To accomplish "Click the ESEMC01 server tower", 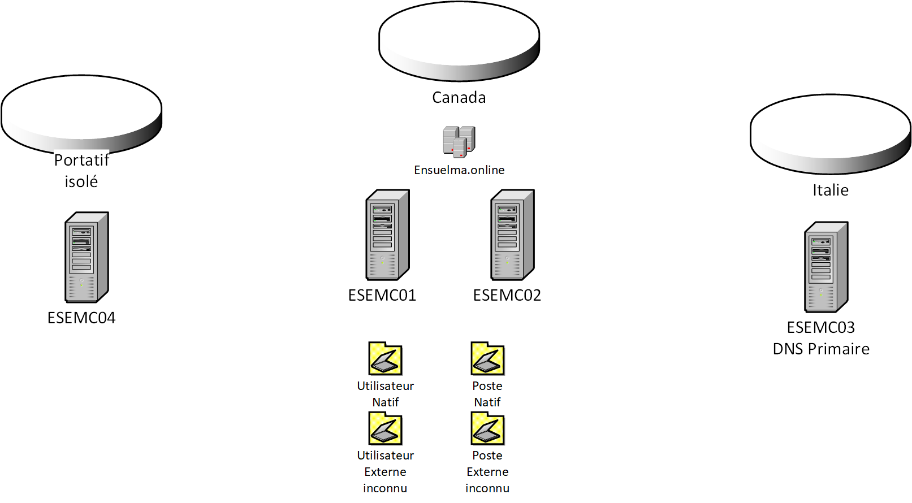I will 387,235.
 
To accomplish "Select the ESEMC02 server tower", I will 512,235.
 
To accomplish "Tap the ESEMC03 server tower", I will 826,267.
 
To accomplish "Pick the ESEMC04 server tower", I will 87,257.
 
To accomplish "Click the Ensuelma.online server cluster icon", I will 459,141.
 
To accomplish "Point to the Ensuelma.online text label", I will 459,170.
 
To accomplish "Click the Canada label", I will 459,98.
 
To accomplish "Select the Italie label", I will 830,190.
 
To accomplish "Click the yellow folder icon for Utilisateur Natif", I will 385,358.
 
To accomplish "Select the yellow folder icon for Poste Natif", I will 487,358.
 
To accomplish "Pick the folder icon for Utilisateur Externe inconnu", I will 385,428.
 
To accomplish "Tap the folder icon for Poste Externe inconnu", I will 487,428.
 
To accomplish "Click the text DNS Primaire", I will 821,349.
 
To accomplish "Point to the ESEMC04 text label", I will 81,318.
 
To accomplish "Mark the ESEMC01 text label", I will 382,296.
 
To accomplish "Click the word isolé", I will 81,182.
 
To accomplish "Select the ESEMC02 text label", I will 507,296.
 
